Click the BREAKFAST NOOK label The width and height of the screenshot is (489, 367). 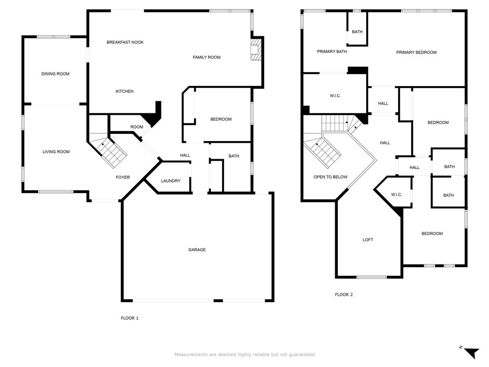point(125,42)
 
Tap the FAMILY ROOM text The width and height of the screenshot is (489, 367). point(206,57)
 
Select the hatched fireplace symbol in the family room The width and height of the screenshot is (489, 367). point(255,49)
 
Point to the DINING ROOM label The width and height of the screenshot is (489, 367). point(55,74)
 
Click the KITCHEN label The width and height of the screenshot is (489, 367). point(125,91)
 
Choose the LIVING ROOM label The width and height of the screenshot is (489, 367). point(56,151)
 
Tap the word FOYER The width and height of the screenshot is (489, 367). point(123,177)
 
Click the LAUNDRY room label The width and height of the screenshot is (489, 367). point(170,181)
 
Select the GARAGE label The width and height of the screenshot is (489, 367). point(197,249)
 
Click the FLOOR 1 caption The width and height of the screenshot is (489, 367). point(129,318)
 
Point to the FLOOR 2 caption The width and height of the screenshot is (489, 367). point(344,294)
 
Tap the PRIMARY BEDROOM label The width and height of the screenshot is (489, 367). point(416,53)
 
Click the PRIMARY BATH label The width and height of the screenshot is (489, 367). point(332,52)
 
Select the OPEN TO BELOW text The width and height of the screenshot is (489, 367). point(330,177)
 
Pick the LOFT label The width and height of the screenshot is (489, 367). point(368,240)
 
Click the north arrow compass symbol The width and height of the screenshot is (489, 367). point(471,352)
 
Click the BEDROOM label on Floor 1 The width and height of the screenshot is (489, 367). point(221,119)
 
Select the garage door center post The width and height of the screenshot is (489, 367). point(218,301)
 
